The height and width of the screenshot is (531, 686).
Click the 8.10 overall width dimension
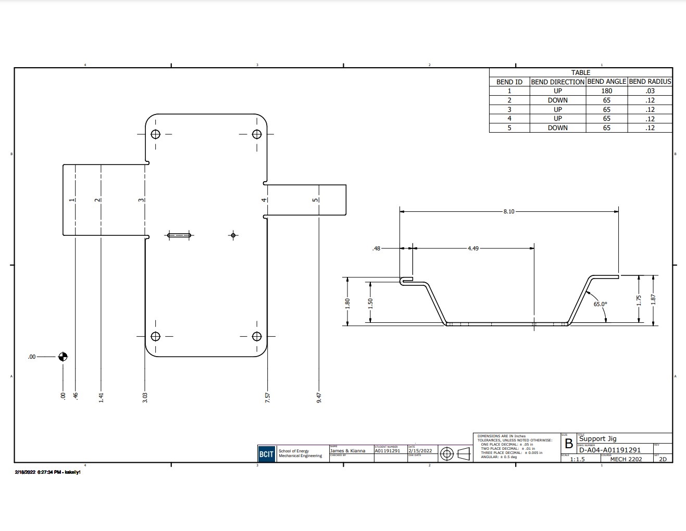point(508,211)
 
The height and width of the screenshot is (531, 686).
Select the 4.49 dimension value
point(473,248)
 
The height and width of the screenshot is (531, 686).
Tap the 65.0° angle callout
point(600,304)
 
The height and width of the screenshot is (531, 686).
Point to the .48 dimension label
point(376,248)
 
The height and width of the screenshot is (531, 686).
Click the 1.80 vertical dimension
point(348,302)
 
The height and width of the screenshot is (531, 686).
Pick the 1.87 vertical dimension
point(653,300)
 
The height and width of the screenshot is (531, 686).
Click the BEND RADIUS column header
point(650,82)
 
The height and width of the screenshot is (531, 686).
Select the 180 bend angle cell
point(606,91)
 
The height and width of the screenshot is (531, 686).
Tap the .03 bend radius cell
point(650,91)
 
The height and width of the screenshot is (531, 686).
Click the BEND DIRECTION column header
point(557,82)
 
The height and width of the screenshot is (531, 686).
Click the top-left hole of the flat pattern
point(155,134)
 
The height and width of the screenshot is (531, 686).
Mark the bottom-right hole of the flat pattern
point(256,336)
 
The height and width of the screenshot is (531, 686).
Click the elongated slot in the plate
point(179,235)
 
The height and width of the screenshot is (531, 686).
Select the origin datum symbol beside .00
point(63,357)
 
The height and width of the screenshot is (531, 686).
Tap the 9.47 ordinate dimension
point(319,397)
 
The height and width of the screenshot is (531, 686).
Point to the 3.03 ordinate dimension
point(145,397)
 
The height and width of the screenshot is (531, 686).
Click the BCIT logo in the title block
point(266,454)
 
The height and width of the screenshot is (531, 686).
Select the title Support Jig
point(597,438)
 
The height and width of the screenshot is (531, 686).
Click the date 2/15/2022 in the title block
point(420,451)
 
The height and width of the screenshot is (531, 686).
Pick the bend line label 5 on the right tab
point(315,200)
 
